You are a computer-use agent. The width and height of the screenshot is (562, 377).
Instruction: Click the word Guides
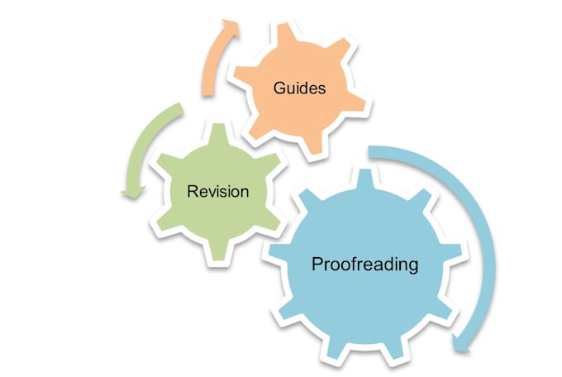pos(299,88)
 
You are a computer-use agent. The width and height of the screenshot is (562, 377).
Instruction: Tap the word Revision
pos(218,191)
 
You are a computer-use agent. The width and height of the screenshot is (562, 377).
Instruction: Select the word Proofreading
pos(364,265)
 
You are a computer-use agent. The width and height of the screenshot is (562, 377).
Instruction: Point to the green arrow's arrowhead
pos(133,192)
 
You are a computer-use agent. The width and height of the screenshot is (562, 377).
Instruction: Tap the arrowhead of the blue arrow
pos(461,345)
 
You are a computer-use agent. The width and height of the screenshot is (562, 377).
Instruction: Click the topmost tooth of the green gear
pos(219,133)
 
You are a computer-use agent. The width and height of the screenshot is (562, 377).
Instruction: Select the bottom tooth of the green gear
pos(219,251)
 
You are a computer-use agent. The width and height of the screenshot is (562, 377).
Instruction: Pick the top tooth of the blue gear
pos(365,179)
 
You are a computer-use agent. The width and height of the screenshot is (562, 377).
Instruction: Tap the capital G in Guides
pos(279,88)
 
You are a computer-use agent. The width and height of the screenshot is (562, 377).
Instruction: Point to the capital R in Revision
pos(193,191)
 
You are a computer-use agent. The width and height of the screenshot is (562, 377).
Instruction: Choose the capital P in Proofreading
pos(317,264)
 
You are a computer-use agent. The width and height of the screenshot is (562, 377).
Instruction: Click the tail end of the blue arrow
pos(369,151)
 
